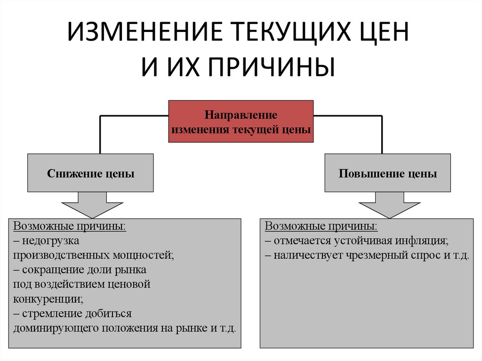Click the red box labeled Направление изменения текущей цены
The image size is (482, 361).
[x=241, y=121]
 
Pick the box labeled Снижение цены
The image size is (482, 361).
[x=90, y=173]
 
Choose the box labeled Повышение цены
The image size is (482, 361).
[x=387, y=173]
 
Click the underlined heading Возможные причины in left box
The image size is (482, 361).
[x=70, y=226]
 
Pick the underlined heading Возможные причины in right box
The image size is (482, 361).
[x=321, y=226]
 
